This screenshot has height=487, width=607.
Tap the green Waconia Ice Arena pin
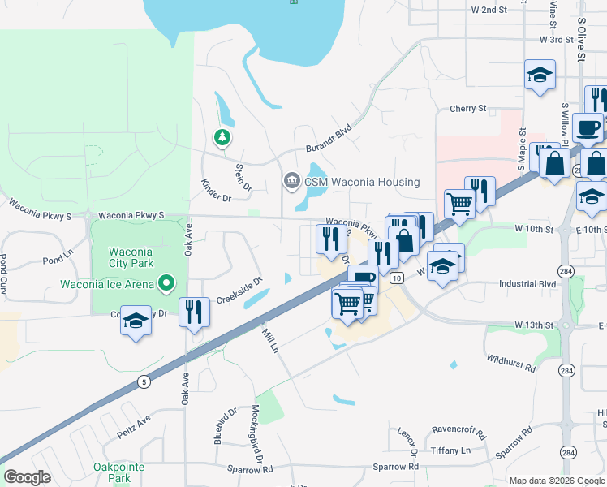pyautogui.click(x=167, y=283)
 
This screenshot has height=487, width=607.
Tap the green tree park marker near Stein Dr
pyautogui.click(x=222, y=137)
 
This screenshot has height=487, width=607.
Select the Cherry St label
pyautogui.click(x=467, y=108)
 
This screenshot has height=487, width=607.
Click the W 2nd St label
pyautogui.click(x=489, y=10)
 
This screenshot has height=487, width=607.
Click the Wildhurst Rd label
pyautogui.click(x=511, y=362)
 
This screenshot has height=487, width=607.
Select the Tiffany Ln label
pyautogui.click(x=451, y=450)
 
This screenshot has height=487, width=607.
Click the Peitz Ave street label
pyautogui.click(x=134, y=421)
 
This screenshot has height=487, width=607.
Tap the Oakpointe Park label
pyautogui.click(x=113, y=472)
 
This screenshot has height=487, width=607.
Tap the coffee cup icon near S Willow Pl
pyautogui.click(x=588, y=127)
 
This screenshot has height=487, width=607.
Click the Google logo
pyautogui.click(x=27, y=477)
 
